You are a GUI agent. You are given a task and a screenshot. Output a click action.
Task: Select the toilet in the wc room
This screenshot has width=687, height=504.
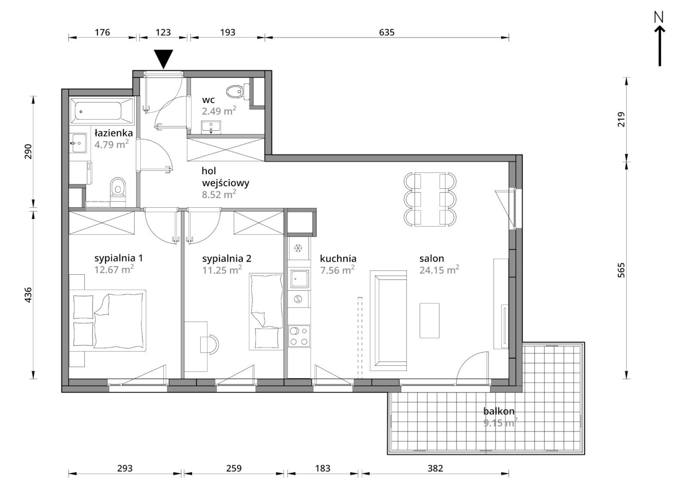click(x=238, y=92)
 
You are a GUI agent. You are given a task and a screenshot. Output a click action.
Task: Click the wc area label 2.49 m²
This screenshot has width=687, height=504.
click(x=219, y=110)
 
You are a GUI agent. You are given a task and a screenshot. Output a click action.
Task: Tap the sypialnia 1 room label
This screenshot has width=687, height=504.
click(x=119, y=258)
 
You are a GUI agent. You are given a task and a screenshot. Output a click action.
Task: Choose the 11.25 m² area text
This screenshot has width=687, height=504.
click(x=222, y=270)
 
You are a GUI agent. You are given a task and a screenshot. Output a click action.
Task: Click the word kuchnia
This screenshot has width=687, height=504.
click(x=338, y=258)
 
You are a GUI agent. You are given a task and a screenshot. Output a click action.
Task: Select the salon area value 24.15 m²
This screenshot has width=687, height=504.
click(x=439, y=270)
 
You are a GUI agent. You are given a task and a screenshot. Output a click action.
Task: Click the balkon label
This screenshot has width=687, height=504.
click(x=499, y=411)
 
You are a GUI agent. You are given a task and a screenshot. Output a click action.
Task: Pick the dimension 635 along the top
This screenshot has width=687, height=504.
click(x=387, y=32)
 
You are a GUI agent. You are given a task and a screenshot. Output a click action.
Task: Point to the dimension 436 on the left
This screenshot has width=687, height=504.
click(x=28, y=295)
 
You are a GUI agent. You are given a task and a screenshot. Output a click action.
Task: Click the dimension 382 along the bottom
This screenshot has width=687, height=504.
click(x=435, y=468)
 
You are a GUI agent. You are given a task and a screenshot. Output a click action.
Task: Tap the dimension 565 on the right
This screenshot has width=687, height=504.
click(x=621, y=270)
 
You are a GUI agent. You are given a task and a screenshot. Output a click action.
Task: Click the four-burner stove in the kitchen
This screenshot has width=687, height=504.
click(x=299, y=336)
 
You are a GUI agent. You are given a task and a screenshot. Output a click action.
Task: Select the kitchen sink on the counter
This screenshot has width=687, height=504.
click(x=299, y=279)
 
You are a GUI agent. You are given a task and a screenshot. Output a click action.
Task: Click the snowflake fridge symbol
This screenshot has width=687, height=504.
click(x=298, y=248)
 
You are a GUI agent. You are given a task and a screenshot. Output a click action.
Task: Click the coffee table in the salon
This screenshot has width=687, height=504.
click(x=429, y=321)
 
